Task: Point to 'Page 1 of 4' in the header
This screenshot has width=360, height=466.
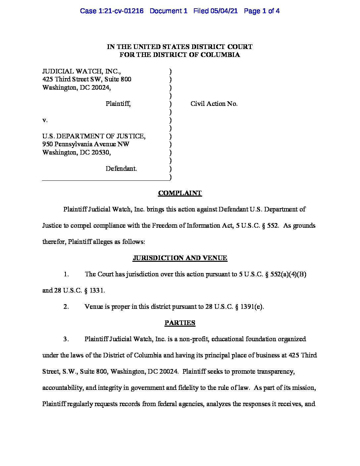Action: (262, 11)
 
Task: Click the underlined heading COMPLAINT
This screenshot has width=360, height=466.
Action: (180, 193)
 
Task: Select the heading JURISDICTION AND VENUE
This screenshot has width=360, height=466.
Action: (180, 258)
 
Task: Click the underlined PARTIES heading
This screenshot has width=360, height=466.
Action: (180, 323)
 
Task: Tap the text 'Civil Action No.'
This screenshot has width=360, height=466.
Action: (214, 104)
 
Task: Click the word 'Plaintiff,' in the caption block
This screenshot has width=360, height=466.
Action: (118, 104)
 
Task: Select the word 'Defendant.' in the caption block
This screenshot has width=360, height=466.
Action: (121, 169)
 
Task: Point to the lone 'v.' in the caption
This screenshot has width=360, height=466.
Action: (45, 120)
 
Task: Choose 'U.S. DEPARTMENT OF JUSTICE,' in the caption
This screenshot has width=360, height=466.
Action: (94, 136)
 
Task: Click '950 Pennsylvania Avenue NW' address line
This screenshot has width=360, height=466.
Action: (86, 144)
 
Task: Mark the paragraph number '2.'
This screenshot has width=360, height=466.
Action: (66, 307)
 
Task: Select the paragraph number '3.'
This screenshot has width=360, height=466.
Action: (66, 339)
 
